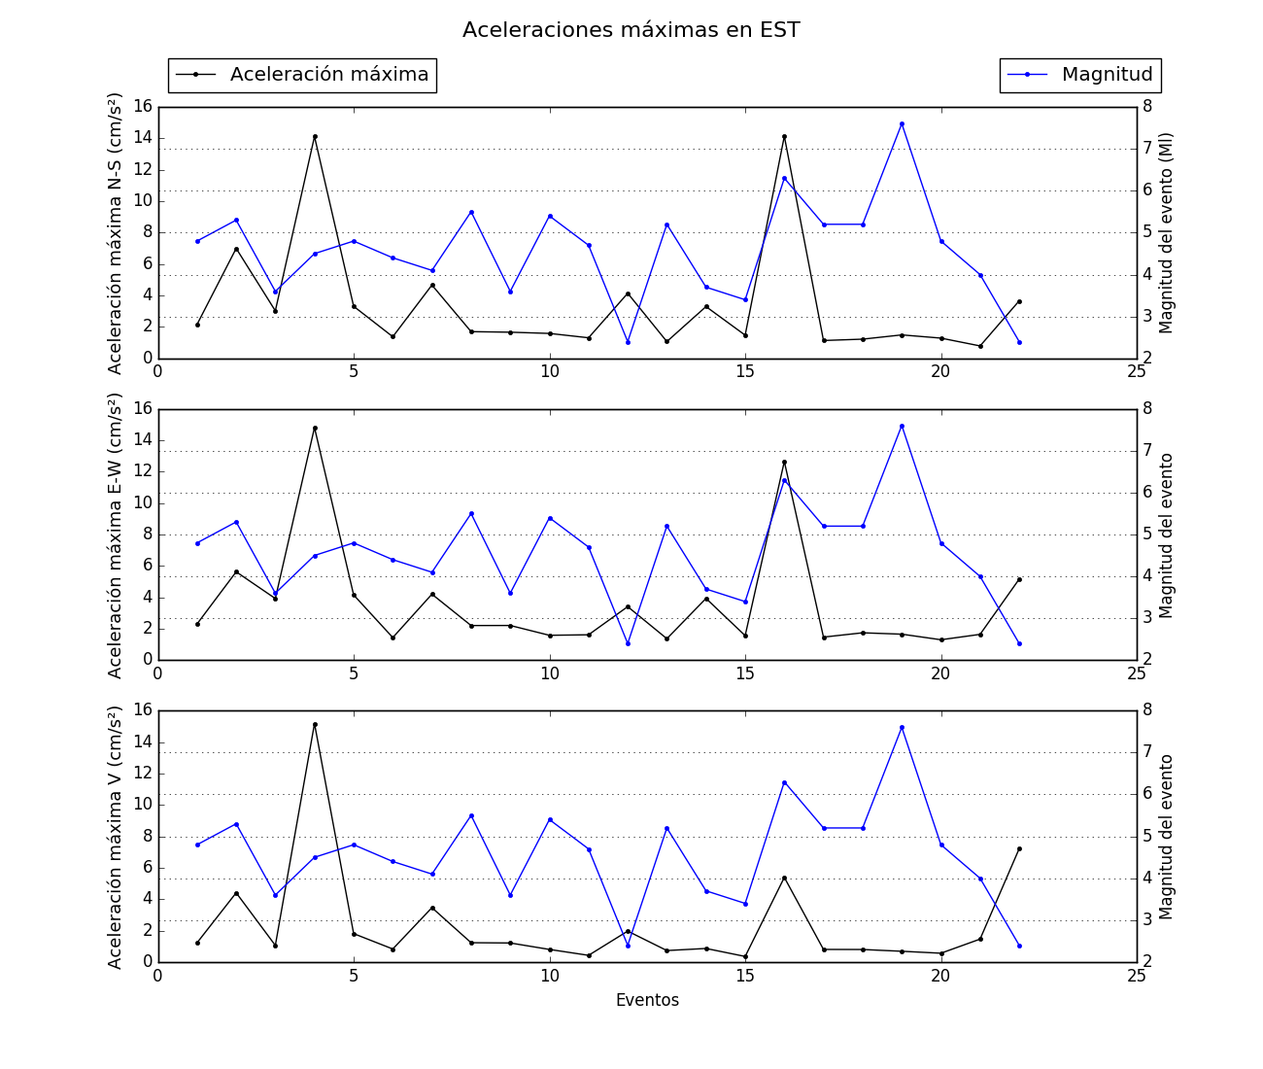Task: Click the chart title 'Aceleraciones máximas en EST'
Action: [x=631, y=30]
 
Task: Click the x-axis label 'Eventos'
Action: [x=647, y=1000]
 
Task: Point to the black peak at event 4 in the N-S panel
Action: [x=315, y=136]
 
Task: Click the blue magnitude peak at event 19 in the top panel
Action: [x=902, y=123]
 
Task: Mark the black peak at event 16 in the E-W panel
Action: [x=784, y=462]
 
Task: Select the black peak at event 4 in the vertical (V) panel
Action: [x=315, y=724]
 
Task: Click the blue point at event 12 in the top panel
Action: [x=628, y=342]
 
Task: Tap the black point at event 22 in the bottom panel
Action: [x=1019, y=848]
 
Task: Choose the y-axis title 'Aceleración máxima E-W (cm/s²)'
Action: [x=116, y=534]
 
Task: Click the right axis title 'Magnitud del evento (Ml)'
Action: [x=1167, y=233]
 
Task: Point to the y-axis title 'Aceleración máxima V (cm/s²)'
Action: [x=116, y=836]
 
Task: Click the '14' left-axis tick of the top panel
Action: [x=142, y=138]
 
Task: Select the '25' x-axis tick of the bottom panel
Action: [x=1136, y=977]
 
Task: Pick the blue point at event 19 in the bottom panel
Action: [x=902, y=727]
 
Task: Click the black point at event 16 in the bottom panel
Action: [x=784, y=878]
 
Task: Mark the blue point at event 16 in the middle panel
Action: [x=784, y=480]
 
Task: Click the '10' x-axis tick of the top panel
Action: [x=550, y=372]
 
